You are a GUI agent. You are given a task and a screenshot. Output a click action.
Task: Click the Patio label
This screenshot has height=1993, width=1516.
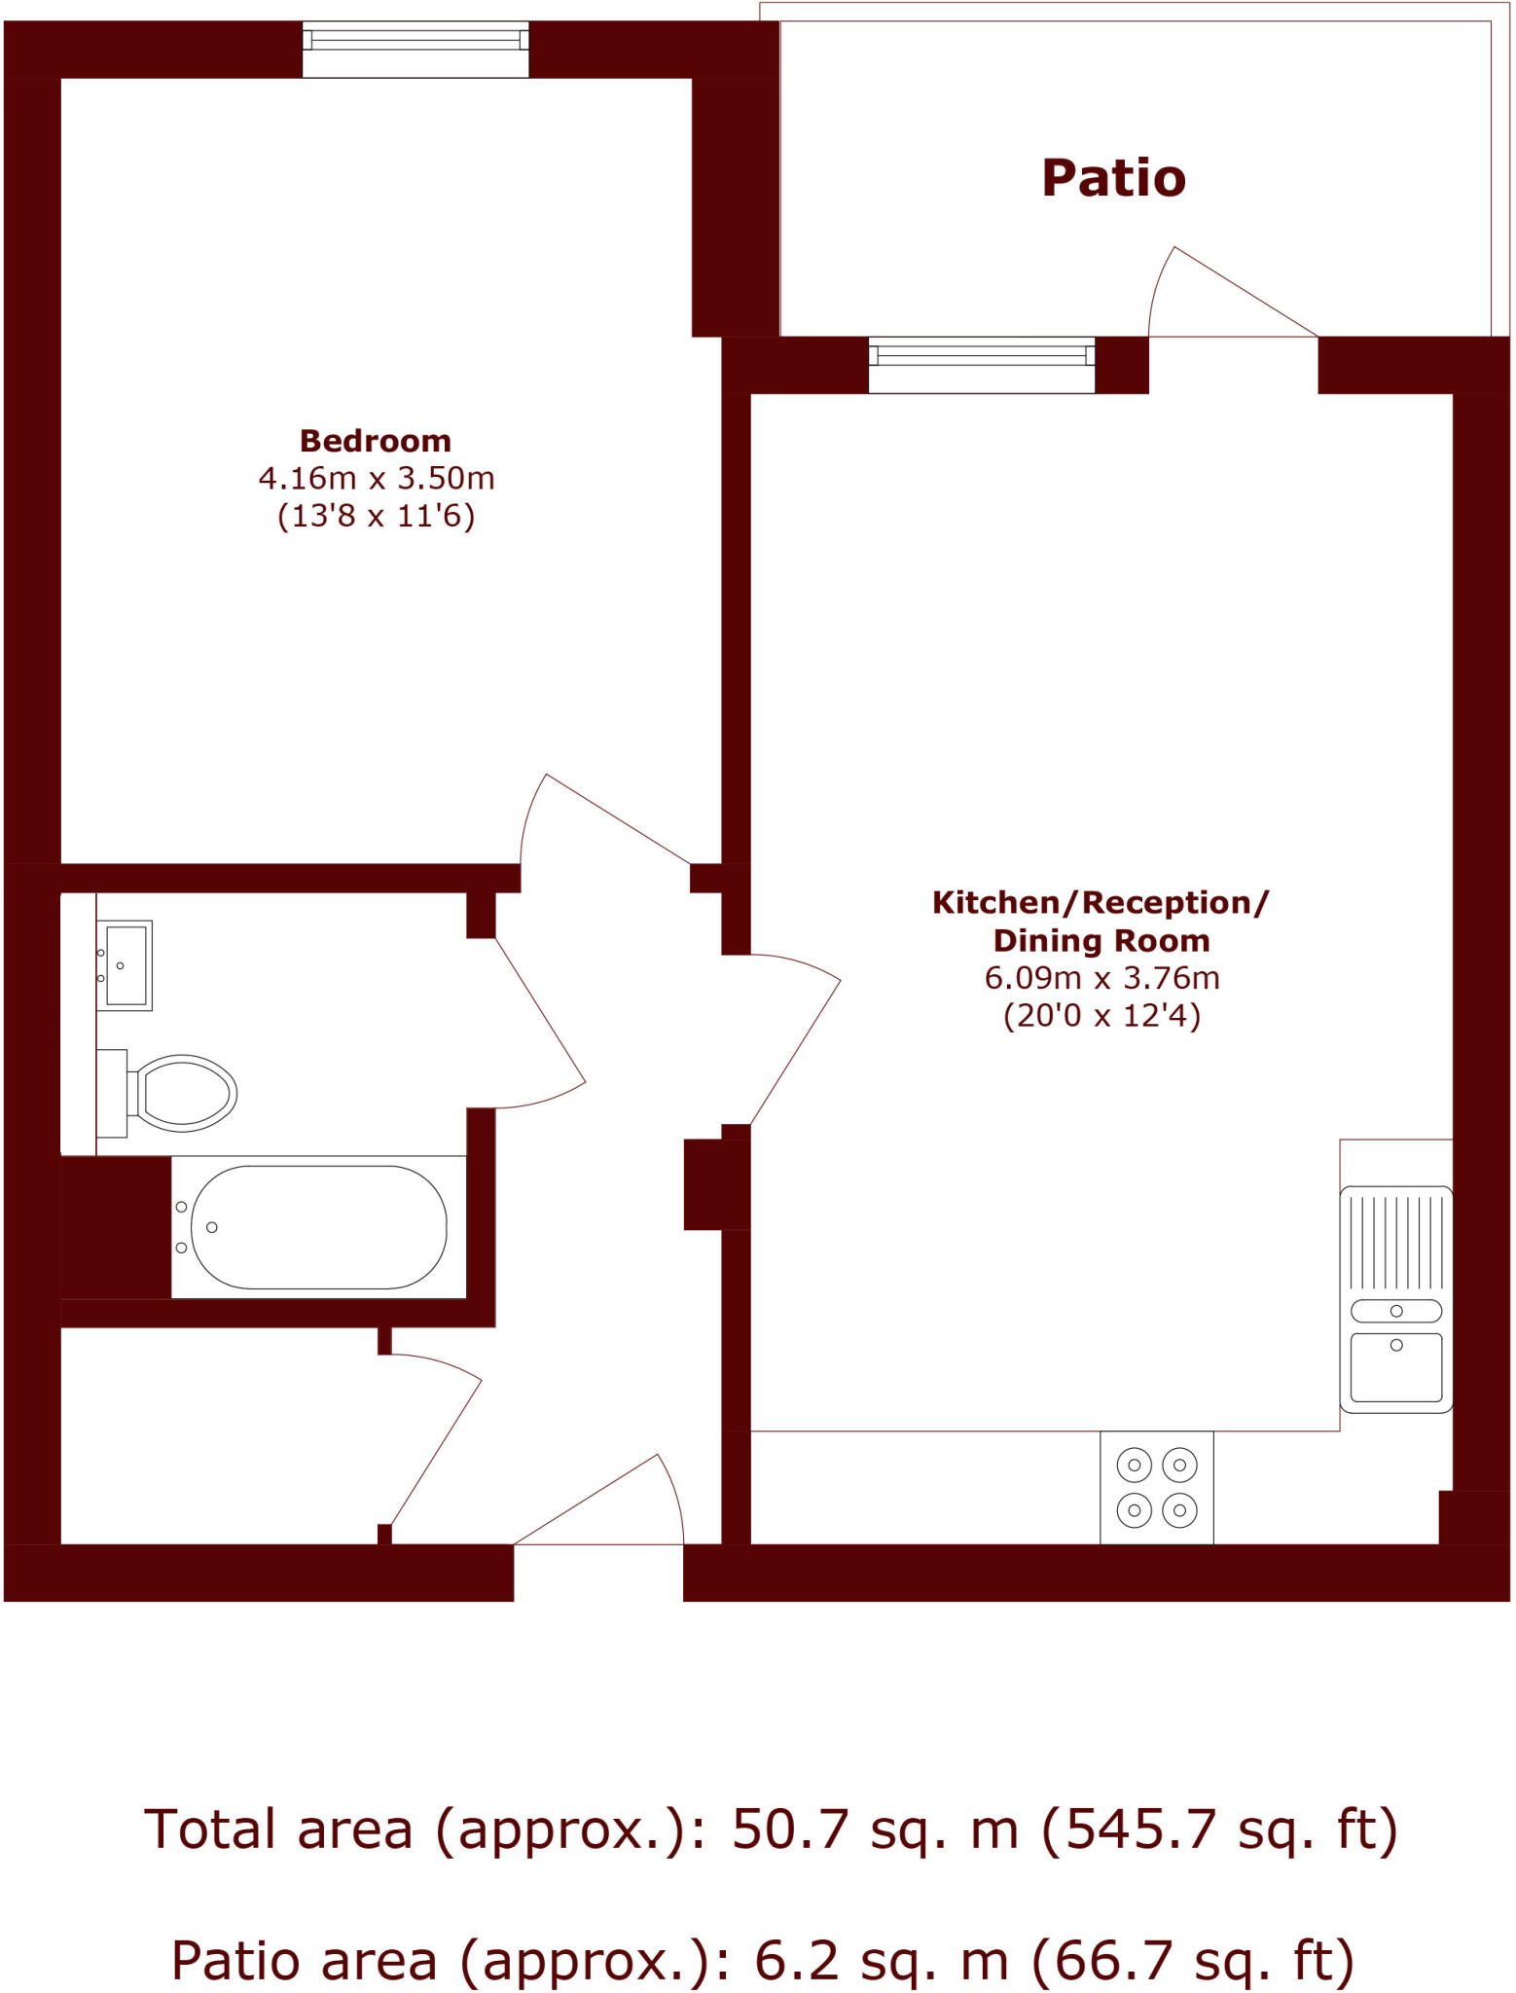pyautogui.click(x=1113, y=178)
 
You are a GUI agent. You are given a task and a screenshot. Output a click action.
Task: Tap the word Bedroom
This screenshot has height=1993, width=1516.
pyautogui.click(x=375, y=441)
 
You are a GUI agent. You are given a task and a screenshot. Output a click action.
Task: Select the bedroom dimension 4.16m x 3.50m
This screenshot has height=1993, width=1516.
pyautogui.click(x=376, y=479)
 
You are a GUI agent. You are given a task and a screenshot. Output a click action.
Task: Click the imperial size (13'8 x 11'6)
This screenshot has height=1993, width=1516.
pyautogui.click(x=376, y=516)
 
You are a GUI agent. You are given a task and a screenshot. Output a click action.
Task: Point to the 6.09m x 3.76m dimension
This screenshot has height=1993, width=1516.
pyautogui.click(x=1101, y=978)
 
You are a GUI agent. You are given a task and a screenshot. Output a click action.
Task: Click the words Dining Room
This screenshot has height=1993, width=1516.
pyautogui.click(x=1101, y=941)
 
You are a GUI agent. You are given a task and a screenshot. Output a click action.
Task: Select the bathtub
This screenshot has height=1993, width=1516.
pyautogui.click(x=318, y=1227)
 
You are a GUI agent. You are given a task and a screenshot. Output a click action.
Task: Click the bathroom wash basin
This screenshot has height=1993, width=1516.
pyautogui.click(x=126, y=965)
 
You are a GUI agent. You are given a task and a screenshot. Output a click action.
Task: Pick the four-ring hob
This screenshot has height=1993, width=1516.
pyautogui.click(x=1156, y=1487)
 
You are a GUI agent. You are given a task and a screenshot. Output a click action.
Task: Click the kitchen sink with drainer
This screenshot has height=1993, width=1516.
pyautogui.click(x=1395, y=1299)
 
